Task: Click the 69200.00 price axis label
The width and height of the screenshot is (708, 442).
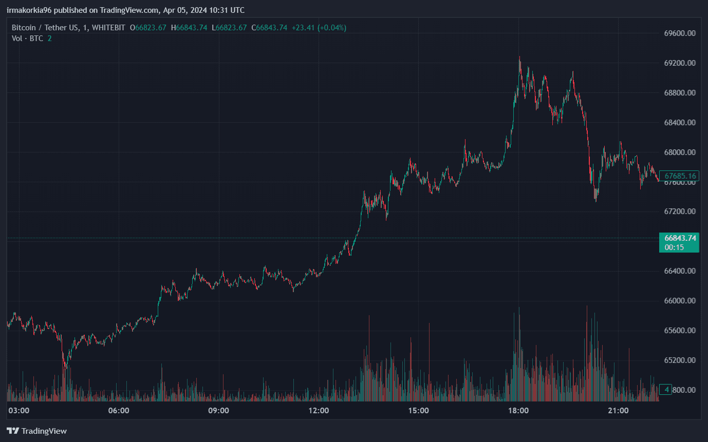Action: (x=680, y=63)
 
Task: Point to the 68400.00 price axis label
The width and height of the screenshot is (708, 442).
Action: (x=680, y=123)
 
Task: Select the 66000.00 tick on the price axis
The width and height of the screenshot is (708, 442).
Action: (x=680, y=301)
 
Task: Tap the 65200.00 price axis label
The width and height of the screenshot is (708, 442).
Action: (x=680, y=360)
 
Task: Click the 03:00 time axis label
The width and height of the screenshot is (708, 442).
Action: (x=19, y=411)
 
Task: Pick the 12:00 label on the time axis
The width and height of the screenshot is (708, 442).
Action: (x=319, y=411)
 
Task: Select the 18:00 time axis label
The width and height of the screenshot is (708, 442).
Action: (x=518, y=411)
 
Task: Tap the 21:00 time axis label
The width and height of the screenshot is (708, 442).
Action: (x=618, y=411)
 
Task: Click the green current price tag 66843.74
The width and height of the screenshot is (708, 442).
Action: (x=680, y=238)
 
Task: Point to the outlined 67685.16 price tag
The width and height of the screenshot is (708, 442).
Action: (x=680, y=176)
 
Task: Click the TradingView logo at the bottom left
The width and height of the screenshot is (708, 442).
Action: (x=36, y=431)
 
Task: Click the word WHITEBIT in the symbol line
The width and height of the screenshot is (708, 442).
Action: (x=108, y=28)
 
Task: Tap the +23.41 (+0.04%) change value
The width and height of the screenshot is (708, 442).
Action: (x=319, y=28)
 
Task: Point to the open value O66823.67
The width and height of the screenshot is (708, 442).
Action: (x=148, y=28)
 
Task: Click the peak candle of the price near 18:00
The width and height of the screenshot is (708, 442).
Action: (x=519, y=58)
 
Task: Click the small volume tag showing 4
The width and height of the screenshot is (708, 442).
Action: (x=666, y=390)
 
